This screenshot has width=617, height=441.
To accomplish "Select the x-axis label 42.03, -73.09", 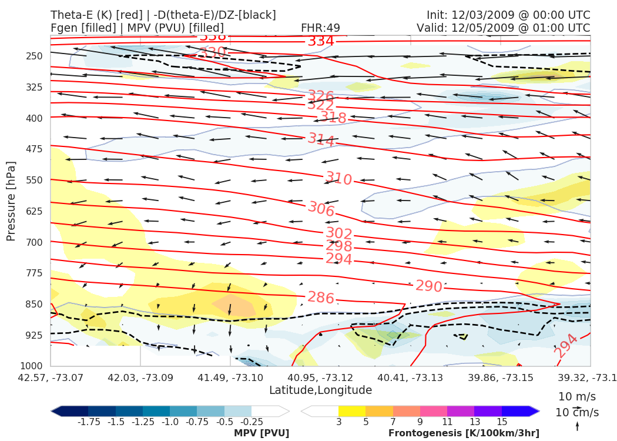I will [140, 376].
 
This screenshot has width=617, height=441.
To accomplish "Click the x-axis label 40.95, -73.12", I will [320, 376].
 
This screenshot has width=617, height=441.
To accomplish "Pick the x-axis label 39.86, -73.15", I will [500, 376].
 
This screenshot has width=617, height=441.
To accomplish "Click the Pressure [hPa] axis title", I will [11, 201].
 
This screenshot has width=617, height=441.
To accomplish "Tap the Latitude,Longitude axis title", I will [320, 390].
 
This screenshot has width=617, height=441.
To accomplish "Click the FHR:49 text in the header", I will [320, 28].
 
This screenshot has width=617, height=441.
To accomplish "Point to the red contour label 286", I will [321, 298].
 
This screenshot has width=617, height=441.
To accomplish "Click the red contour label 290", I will [428, 286].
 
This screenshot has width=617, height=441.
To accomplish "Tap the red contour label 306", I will [321, 209].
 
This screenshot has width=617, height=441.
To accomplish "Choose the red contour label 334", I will [321, 41].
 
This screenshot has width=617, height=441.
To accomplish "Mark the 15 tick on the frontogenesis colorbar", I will [501, 422].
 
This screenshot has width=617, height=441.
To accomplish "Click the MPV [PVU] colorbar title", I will [261, 433].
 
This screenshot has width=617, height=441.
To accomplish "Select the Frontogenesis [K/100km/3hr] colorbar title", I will [464, 433].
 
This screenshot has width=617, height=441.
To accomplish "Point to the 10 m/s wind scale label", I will [574, 396].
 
